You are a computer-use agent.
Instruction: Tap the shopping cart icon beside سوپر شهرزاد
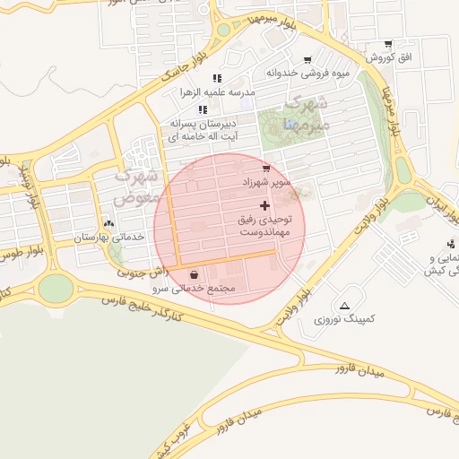click(265, 168)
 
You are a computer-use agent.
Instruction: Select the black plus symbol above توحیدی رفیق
click(264, 206)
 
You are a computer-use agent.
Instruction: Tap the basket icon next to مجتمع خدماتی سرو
click(195, 275)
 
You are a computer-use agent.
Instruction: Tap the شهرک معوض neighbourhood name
click(139, 185)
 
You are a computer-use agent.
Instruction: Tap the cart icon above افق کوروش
click(387, 44)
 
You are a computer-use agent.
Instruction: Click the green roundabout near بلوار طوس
click(56, 288)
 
